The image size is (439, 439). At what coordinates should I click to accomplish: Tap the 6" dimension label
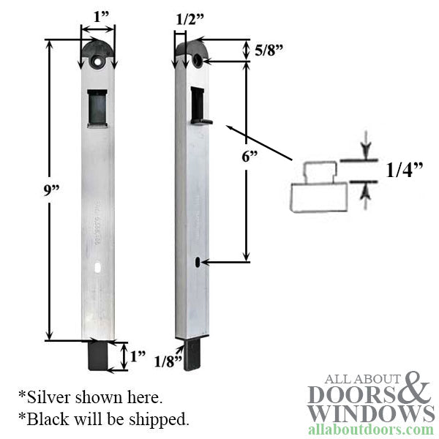pyautogui.click(x=230, y=157)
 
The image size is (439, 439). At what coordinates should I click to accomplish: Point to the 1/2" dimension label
pyautogui.click(x=190, y=21)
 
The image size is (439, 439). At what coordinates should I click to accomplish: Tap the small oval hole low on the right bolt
pyautogui.click(x=198, y=260)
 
